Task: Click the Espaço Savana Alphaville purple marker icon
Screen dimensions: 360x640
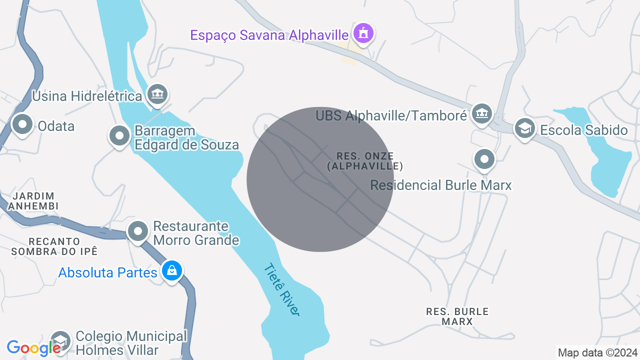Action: click(363, 33)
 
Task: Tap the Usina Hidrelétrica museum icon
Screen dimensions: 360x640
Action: click(157, 94)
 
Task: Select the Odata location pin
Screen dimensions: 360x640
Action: click(22, 125)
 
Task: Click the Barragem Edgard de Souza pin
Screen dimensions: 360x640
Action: click(119, 135)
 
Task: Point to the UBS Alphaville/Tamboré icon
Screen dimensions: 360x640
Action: click(482, 113)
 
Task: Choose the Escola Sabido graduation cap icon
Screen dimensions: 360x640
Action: click(524, 128)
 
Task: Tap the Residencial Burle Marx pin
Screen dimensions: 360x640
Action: click(484, 159)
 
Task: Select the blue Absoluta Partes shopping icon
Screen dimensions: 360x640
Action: click(172, 271)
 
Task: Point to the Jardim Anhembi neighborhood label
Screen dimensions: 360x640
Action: click(34, 201)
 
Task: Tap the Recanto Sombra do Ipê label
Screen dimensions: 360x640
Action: click(54, 246)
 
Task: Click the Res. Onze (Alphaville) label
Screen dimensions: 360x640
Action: click(365, 161)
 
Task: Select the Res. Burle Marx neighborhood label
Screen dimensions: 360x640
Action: click(457, 316)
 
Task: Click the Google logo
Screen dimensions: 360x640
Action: click(33, 348)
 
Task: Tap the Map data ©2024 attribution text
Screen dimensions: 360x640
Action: click(597, 352)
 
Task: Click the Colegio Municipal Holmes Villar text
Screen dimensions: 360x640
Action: click(130, 343)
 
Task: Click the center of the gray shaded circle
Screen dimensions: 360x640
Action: click(320, 179)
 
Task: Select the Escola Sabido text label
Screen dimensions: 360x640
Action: click(583, 130)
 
